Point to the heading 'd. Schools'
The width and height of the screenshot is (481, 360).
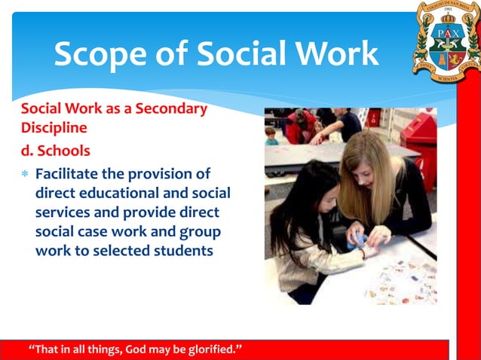pos(55,149)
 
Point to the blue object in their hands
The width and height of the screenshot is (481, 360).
pos(360,239)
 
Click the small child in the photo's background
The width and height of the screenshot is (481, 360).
pos(271,136)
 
